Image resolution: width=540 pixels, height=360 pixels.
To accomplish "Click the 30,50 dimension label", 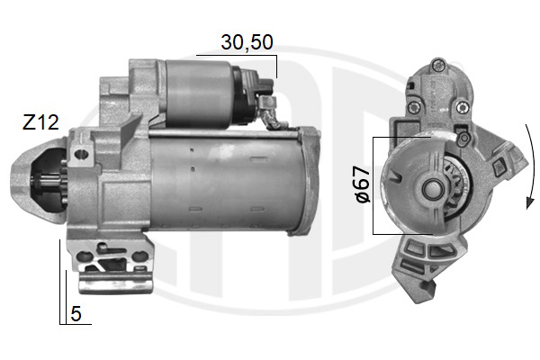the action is (247, 42).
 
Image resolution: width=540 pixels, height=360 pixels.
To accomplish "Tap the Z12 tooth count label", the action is (40, 122).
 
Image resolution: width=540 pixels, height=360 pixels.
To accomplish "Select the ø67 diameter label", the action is (363, 184).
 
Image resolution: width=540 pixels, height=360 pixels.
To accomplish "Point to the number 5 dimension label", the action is (76, 314).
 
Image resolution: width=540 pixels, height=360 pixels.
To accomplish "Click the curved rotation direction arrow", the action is (532, 166).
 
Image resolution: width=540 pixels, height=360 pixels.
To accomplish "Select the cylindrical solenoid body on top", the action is (199, 94).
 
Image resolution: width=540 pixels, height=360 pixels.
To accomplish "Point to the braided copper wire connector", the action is (272, 114).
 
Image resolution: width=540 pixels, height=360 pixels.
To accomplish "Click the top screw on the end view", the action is (437, 65).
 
